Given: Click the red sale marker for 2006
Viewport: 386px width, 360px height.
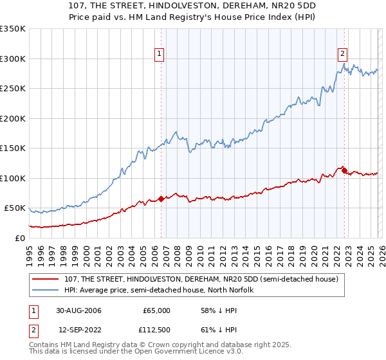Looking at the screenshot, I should tap(161, 199).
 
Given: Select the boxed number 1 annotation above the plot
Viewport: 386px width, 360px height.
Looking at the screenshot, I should tap(158, 55).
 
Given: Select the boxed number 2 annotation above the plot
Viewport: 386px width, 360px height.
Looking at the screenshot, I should tap(343, 55).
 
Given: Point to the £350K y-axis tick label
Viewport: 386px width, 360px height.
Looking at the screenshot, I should tap(13, 29).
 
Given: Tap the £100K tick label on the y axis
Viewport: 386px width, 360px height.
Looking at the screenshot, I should tap(13, 178).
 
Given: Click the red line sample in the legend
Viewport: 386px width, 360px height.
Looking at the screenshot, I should tap(46, 278).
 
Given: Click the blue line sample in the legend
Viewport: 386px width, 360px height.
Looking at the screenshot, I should tap(46, 290).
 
